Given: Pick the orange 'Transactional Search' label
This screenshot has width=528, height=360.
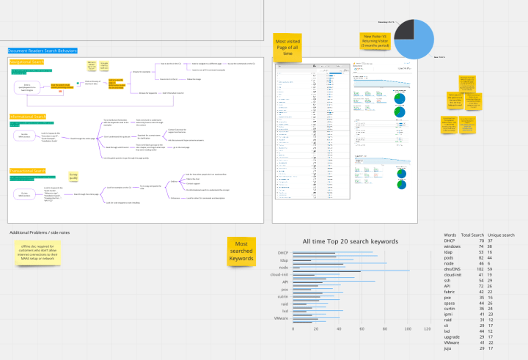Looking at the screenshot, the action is (x=28, y=170).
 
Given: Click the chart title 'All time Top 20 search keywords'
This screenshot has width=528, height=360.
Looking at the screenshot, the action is (x=350, y=241).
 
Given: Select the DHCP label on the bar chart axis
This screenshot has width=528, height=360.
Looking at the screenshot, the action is (x=285, y=253).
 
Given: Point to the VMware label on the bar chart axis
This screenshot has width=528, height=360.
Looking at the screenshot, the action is (x=282, y=318).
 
